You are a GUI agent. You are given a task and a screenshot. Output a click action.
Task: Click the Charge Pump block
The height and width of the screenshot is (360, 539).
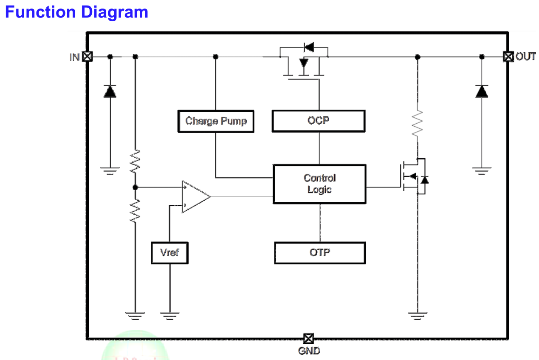click(215, 121)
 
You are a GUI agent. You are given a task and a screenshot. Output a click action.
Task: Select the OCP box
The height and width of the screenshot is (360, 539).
click(318, 121)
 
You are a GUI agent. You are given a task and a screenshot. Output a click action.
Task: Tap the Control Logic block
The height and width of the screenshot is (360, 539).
click(319, 184)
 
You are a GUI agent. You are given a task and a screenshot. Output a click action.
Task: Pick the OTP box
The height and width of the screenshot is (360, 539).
click(319, 252)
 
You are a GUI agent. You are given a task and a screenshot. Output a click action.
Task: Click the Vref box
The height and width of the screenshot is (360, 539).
click(169, 252)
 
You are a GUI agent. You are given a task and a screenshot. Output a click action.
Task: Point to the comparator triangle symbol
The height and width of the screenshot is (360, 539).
click(195, 196)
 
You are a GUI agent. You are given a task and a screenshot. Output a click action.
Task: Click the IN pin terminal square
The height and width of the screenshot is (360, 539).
click(87, 57)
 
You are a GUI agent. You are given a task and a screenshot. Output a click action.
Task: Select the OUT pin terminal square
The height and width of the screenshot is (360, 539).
click(508, 57)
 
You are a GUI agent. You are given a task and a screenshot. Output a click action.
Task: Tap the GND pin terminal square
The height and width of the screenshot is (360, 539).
click(308, 339)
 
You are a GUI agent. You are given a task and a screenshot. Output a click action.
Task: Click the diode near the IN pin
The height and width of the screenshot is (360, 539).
click(110, 91)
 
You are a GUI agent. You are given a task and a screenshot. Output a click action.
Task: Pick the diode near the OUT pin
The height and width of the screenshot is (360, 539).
click(482, 91)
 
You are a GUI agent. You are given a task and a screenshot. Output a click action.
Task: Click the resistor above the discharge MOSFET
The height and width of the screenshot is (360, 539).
click(418, 123)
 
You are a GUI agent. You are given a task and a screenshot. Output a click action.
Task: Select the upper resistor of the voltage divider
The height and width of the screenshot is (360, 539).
click(135, 161)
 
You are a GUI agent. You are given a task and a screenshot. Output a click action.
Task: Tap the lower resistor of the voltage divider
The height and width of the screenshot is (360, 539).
click(135, 210)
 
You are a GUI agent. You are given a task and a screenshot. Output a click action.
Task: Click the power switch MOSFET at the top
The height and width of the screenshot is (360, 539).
click(304, 62)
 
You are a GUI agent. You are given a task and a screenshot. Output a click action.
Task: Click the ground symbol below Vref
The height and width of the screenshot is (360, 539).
click(169, 315)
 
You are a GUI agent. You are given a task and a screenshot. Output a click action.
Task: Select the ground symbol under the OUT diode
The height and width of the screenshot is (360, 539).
click(482, 170)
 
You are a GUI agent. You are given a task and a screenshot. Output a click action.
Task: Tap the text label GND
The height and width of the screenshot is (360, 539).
click(309, 351)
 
